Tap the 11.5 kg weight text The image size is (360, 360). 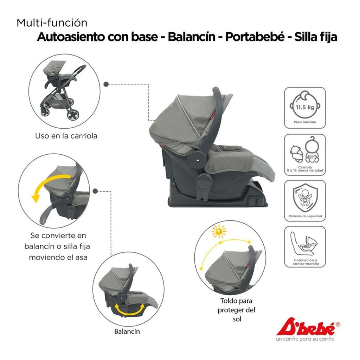click(305, 107)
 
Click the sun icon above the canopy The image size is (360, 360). click(219, 231)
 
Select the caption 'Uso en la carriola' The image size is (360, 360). click(66, 136)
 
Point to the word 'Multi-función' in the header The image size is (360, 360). click(52, 23)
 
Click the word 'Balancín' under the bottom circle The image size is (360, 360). click(127, 332)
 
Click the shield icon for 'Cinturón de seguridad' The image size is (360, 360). click(305, 198)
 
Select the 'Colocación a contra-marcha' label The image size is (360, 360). click(306, 262)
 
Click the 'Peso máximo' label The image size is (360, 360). click(305, 122)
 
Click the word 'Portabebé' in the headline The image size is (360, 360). click(255, 37)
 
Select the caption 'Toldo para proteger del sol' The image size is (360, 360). click(236, 310)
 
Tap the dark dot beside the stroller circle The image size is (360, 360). click(106, 84)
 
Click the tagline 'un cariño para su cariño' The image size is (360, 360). click(305, 339)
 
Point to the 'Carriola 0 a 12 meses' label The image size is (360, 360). click(305, 169)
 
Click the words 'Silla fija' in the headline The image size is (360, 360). click(316, 37)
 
